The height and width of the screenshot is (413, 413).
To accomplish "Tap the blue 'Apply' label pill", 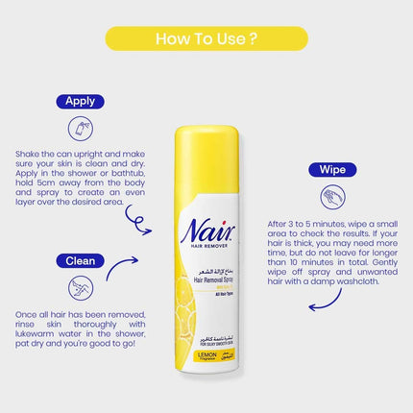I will click(79, 101).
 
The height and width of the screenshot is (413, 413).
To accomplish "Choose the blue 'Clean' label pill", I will click(79, 258).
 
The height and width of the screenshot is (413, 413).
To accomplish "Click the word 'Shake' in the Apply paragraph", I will click(30, 153).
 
